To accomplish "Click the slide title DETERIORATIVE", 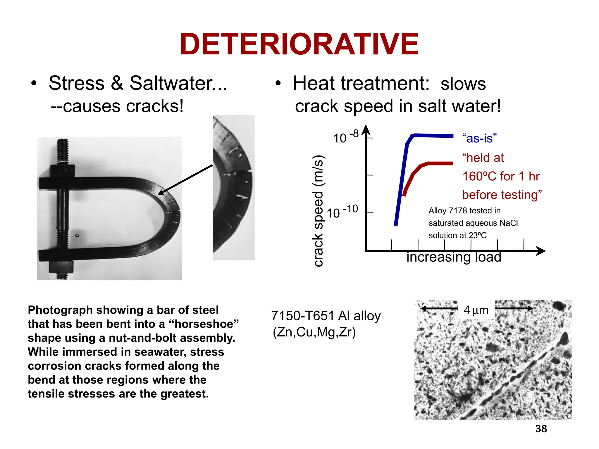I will (x=299, y=44).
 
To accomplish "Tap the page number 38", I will (x=541, y=429).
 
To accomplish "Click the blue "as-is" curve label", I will (x=479, y=138).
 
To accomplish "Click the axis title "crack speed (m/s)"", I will (x=318, y=210).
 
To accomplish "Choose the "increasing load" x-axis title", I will (x=454, y=257).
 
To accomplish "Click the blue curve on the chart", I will (x=401, y=181).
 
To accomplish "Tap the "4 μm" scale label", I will (x=476, y=310).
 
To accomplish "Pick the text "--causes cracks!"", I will (x=117, y=106).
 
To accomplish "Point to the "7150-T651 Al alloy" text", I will (x=326, y=316).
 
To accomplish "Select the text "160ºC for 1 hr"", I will (x=501, y=176).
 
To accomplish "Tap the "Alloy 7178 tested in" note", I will (x=464, y=210).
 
